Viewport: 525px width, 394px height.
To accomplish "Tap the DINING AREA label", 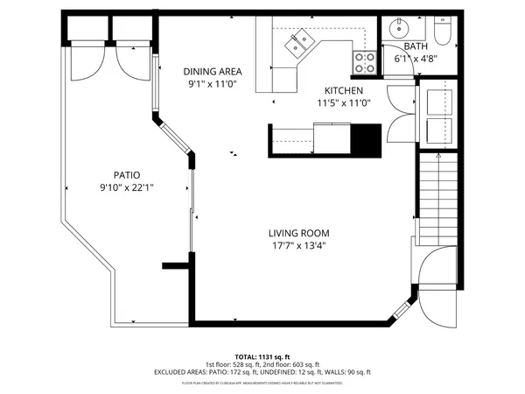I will pos(213,72).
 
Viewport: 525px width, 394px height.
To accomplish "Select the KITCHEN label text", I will pos(345,90).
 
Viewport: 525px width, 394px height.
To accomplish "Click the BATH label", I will pos(416,46).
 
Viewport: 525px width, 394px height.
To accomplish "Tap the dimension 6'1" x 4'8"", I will pos(416,59).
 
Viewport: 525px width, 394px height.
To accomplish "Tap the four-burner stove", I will pos(365,61).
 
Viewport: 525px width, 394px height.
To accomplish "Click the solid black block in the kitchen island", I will pos(366,138).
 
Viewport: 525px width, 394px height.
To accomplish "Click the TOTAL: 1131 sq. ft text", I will pos(262,357).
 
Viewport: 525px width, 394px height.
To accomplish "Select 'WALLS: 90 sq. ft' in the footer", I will pos(347,372).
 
